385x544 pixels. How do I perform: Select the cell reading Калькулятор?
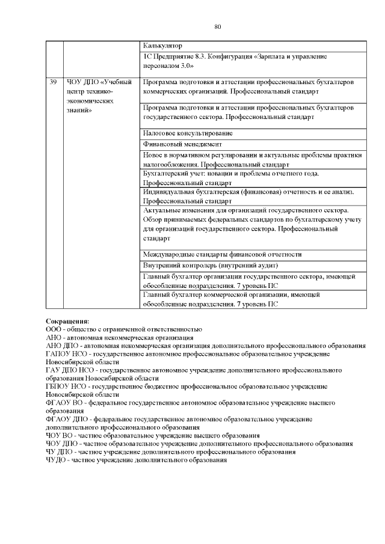[x=162, y=46]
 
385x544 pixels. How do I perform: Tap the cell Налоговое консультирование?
[x=188, y=133]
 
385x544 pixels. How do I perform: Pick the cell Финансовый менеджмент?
[x=183, y=144]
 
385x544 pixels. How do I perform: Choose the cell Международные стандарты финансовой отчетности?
[x=222, y=254]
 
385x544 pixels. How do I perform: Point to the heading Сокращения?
[x=67, y=321]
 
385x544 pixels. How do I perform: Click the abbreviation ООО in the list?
[x=54, y=329]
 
